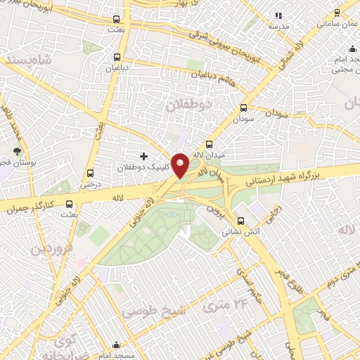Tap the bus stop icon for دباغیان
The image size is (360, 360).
click(117, 58)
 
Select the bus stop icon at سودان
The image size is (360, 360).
click(244, 108)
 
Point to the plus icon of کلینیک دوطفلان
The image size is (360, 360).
click(144, 155)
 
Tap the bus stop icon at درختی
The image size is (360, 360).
click(90, 174)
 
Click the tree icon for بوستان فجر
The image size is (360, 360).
click(17, 151)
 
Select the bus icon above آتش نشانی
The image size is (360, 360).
click(241, 219)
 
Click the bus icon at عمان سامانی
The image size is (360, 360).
click(337, 12)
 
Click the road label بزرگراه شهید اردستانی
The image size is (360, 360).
click(281, 176)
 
